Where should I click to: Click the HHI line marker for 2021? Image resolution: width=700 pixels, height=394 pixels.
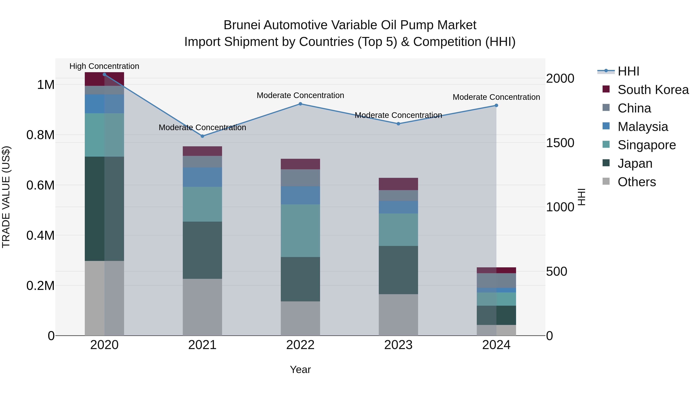[x=202, y=136]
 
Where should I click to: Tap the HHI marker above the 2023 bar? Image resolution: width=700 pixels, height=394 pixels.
[x=398, y=124]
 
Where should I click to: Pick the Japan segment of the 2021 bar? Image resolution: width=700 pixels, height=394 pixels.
[x=202, y=250]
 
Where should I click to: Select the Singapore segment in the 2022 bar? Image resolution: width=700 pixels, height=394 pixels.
[x=300, y=231]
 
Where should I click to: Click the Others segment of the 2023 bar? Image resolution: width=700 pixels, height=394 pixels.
[x=398, y=315]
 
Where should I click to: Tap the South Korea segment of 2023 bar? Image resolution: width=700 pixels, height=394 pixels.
[x=398, y=184]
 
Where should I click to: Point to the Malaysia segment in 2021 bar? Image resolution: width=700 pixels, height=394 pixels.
[x=202, y=177]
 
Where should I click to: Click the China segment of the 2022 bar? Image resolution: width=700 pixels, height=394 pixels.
[x=300, y=178]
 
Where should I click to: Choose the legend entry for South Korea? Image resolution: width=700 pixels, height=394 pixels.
[x=653, y=90]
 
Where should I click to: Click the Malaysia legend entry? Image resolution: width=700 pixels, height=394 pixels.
[x=642, y=127]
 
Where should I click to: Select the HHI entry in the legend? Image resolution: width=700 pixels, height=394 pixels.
[x=628, y=71]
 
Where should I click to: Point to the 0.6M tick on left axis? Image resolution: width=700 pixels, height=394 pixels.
[x=40, y=185]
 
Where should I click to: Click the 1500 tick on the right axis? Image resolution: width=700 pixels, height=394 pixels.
[x=560, y=143]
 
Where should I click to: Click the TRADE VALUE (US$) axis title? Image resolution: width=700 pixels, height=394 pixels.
[x=6, y=197]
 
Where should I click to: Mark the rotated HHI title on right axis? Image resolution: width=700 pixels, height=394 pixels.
[x=581, y=197]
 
